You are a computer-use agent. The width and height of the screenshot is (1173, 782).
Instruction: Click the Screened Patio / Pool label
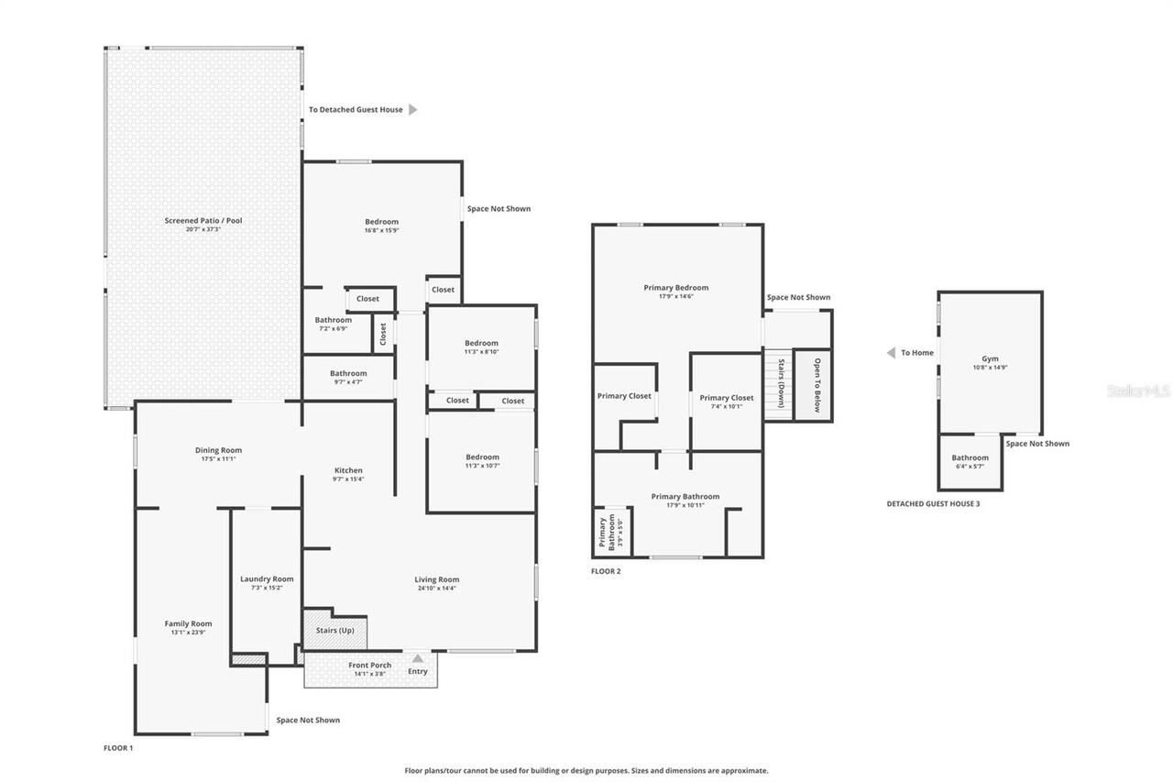tap(203, 221)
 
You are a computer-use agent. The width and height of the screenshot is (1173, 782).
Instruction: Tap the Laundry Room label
tap(267, 578)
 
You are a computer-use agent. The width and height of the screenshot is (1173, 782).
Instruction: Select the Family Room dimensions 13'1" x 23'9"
tap(188, 633)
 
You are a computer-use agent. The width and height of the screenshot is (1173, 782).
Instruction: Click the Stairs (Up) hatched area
tap(334, 631)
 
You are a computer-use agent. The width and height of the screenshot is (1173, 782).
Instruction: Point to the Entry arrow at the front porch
tap(418, 658)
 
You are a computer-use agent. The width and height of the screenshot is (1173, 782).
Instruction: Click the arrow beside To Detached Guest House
tap(412, 110)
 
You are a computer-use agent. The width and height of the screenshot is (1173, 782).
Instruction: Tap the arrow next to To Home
tap(890, 353)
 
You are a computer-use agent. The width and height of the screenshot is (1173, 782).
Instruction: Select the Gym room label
tap(990, 358)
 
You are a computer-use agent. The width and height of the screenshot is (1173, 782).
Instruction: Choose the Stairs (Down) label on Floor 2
tap(780, 384)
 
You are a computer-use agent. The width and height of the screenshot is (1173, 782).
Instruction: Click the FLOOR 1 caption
tap(118, 748)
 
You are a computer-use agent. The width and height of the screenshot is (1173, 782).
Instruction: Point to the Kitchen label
tap(347, 470)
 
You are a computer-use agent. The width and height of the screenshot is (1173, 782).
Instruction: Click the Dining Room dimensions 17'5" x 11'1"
tap(218, 458)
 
